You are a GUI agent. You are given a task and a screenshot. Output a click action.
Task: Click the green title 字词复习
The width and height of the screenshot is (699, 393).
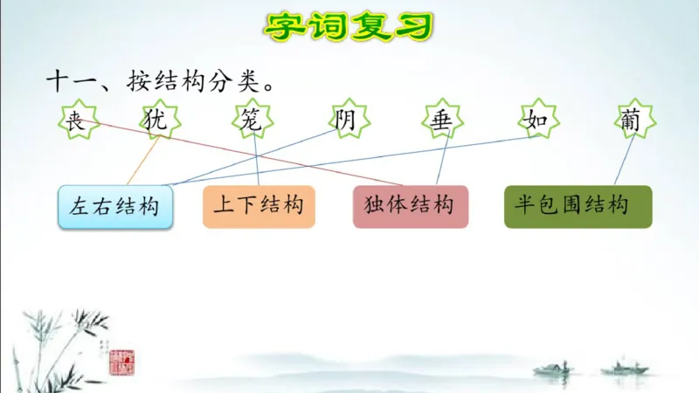(x=349, y=25)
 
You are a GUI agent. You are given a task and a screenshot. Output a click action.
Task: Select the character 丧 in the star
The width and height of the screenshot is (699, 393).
(x=76, y=121)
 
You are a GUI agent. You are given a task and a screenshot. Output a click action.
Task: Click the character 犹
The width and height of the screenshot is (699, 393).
(x=156, y=121)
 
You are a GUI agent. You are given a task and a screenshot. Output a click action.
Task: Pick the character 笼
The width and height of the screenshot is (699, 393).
(x=251, y=121)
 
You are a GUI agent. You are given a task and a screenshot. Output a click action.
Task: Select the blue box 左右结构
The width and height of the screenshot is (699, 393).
(x=115, y=207)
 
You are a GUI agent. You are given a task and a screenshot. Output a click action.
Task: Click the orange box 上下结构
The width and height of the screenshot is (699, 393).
(x=259, y=207)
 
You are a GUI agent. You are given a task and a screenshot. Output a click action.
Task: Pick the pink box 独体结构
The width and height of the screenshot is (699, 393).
(x=410, y=207)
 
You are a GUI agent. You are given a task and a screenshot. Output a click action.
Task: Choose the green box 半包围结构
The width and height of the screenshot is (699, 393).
(x=578, y=207)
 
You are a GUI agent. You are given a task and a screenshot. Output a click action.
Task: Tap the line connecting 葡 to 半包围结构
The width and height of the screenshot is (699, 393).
(x=624, y=162)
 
